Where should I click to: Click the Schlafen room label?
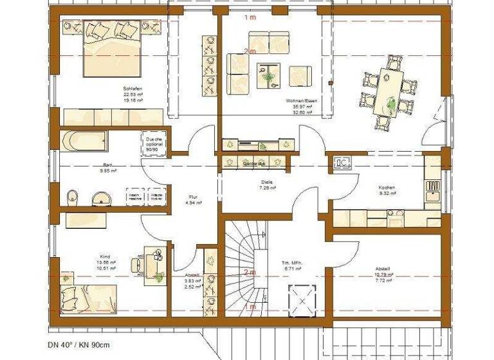pyautogui.click(x=133, y=89)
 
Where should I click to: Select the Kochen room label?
pyautogui.click(x=386, y=188)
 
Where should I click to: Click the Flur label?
pyautogui.click(x=192, y=197)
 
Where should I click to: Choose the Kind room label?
pyautogui.click(x=105, y=256)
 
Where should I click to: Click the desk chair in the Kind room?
pyautogui.click(x=137, y=264)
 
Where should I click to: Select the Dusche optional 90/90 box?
pyautogui.click(x=155, y=144)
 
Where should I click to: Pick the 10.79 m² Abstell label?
pyautogui.click(x=384, y=273)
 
